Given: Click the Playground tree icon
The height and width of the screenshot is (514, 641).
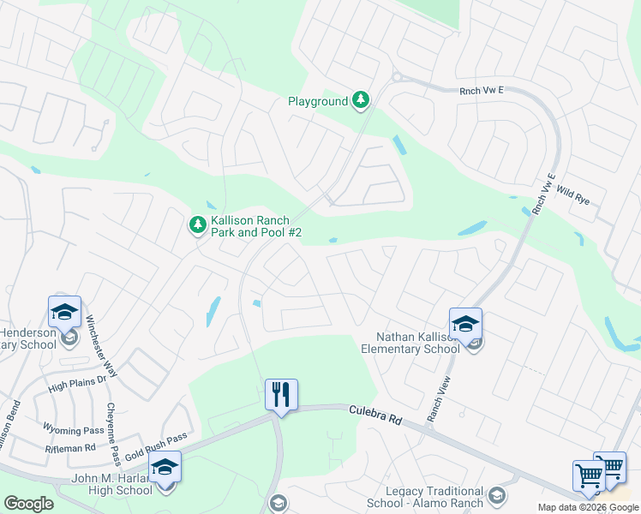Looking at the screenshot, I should click(362, 101).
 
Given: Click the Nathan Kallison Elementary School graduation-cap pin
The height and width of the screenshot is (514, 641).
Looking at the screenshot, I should click(465, 325).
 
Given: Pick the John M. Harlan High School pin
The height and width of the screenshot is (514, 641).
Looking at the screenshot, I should click(165, 469).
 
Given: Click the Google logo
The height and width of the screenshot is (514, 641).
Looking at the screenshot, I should click(28, 504).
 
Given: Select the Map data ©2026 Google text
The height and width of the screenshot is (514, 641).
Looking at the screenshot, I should click(588, 507).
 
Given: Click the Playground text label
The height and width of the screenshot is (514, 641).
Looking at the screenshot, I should click(318, 101).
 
